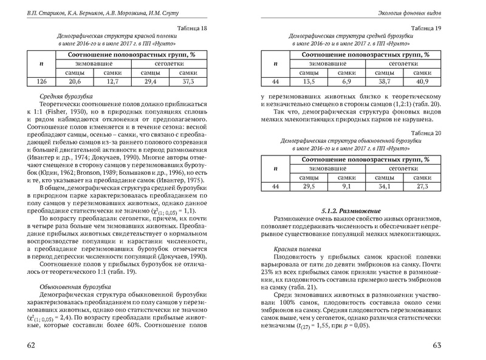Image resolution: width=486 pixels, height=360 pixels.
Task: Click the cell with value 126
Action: (41, 82)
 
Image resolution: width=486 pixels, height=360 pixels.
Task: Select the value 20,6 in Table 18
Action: (75, 82)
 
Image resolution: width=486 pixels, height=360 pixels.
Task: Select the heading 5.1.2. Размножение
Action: (351, 209)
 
